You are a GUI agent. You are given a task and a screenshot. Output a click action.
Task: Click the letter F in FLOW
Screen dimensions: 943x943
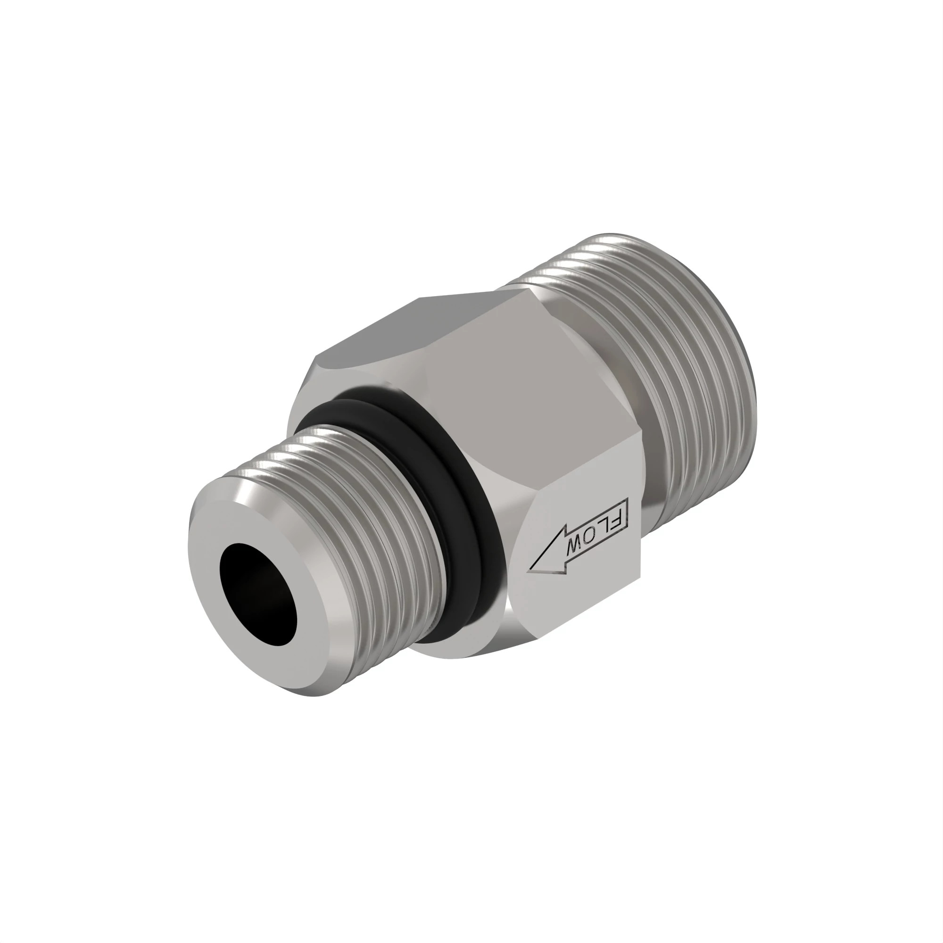(615, 519)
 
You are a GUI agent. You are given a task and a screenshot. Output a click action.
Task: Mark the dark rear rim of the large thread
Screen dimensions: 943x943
(747, 390)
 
